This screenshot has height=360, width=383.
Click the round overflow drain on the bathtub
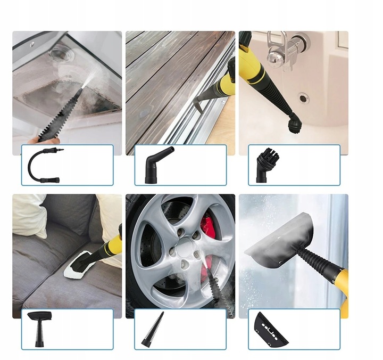tap(303, 98)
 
